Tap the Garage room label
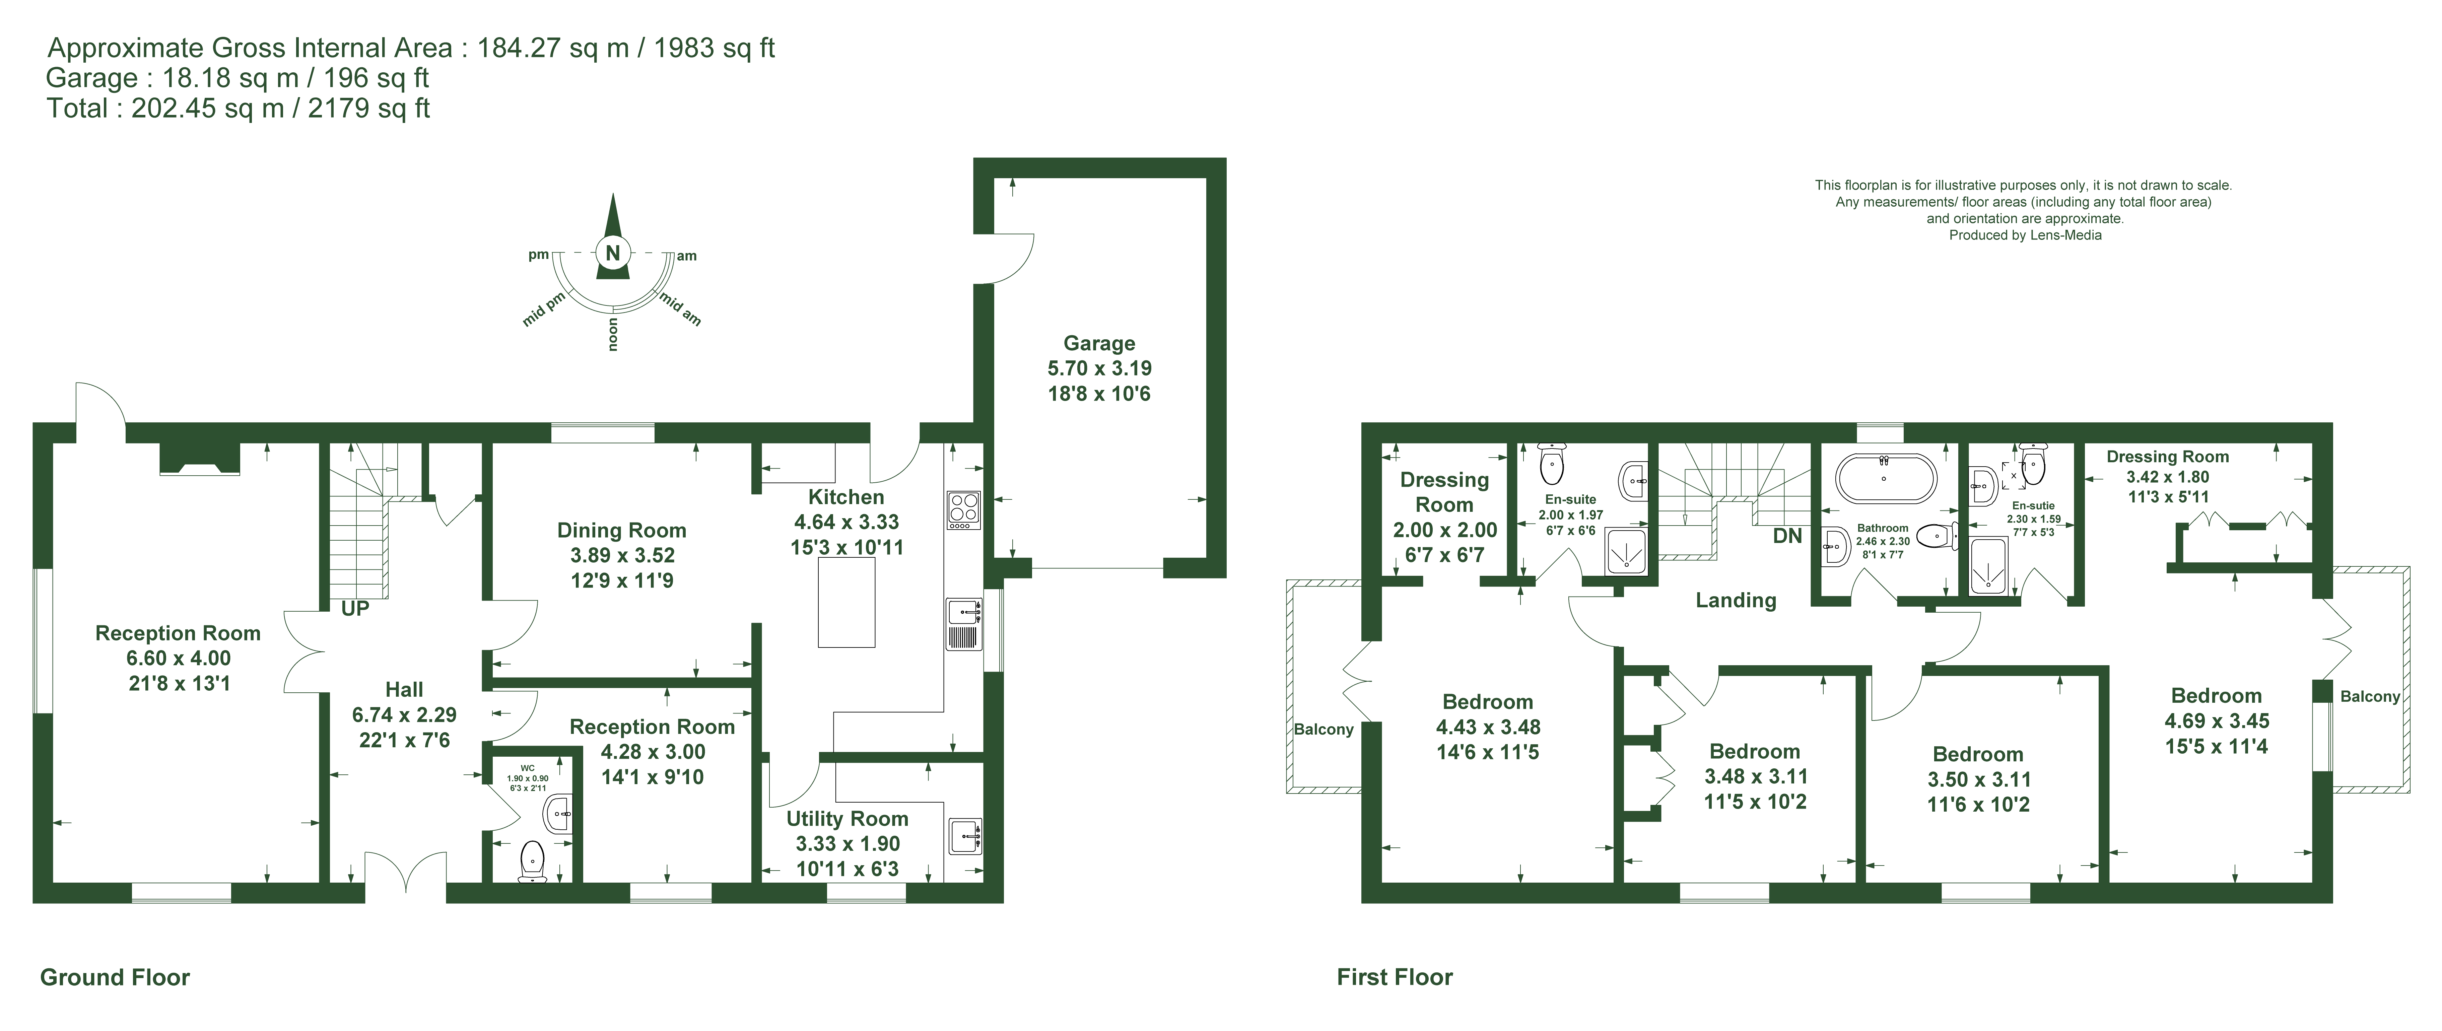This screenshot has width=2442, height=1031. tap(1099, 343)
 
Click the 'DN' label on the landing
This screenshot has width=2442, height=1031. tap(1787, 536)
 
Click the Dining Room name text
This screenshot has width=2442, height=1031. tap(622, 531)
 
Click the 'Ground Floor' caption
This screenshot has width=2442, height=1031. tap(115, 977)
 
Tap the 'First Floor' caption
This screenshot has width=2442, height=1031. tap(1395, 977)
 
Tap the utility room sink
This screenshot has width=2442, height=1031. tap(964, 836)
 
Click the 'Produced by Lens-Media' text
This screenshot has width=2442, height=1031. tap(2025, 235)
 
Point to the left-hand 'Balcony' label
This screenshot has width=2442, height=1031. tap(1324, 730)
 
